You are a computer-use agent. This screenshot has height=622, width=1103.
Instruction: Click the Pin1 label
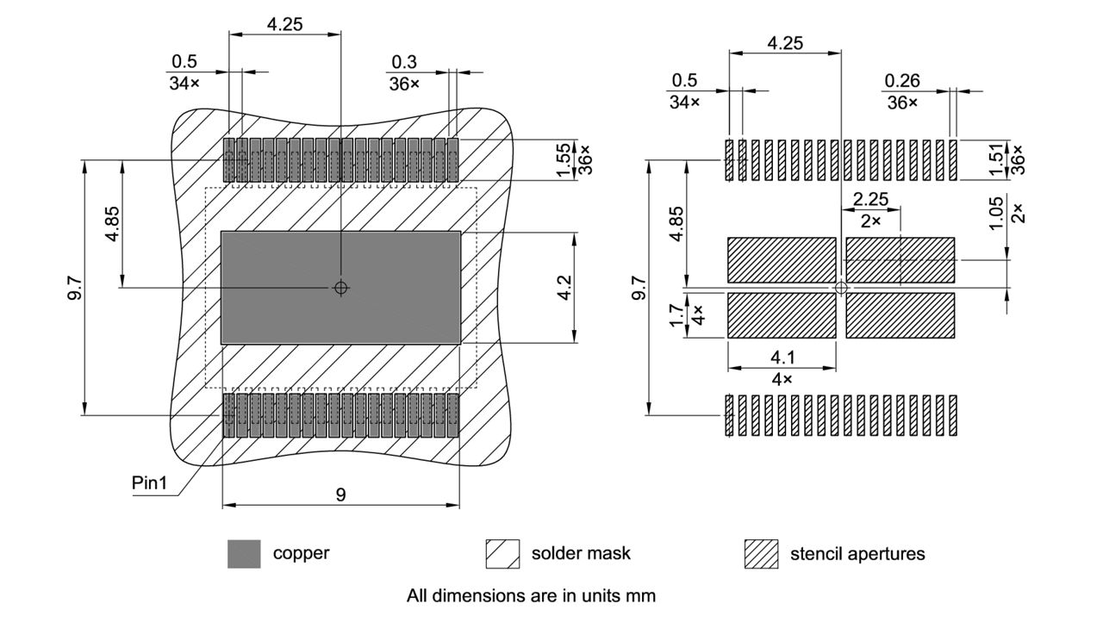149,482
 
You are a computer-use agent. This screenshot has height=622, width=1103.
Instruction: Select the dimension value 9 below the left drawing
341,494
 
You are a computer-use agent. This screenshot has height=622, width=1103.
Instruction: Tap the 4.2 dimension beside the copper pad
564,288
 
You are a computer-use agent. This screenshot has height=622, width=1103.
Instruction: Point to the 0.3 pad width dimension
403,62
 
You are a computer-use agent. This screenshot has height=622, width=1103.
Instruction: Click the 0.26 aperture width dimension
901,81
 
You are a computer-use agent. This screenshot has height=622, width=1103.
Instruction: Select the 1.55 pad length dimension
564,160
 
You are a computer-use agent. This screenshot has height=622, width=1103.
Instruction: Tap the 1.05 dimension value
996,213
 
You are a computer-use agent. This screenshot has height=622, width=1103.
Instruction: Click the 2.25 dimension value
870,199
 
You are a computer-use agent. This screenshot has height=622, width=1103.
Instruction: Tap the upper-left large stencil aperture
782,260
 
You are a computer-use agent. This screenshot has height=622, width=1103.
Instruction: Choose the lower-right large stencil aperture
900,315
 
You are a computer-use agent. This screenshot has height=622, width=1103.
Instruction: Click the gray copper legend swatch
244,554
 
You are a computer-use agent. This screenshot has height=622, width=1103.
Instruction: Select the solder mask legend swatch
502,554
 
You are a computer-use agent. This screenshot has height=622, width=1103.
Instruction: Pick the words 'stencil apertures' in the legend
857,554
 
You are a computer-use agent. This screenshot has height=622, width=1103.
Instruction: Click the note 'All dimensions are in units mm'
531,595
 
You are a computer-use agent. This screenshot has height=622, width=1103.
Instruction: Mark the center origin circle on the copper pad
341,288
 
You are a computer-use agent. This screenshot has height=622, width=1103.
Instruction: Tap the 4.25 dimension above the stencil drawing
785,43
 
